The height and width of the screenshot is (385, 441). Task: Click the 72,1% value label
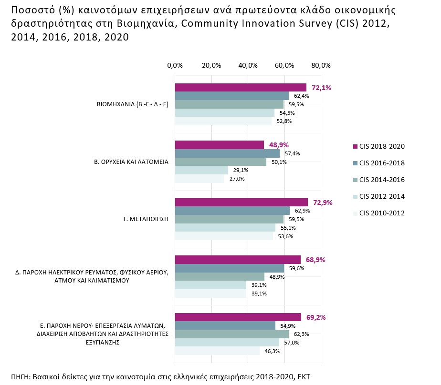(x=322, y=88)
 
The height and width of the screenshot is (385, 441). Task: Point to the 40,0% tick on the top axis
(x=248, y=65)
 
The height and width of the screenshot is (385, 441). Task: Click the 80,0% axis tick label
(x=321, y=65)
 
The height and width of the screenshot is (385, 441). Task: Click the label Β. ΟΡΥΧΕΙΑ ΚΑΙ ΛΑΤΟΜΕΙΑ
(x=131, y=162)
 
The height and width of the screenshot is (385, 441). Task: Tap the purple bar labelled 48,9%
(x=220, y=145)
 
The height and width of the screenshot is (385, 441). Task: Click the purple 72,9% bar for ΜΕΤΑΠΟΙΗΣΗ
(x=241, y=202)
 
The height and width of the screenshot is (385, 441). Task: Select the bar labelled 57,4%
(x=227, y=153)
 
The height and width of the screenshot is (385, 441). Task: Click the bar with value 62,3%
(x=232, y=334)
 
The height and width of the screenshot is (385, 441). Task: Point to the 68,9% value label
(x=315, y=260)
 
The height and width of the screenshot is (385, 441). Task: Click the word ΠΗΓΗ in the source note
(x=21, y=376)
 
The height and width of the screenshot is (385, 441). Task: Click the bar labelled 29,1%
(x=201, y=170)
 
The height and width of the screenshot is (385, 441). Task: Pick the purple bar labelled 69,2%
(x=238, y=317)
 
